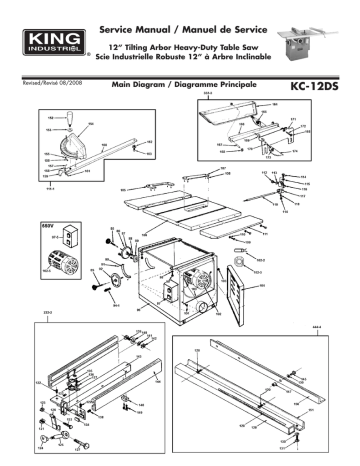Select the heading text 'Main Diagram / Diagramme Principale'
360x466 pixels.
pos(185,88)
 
